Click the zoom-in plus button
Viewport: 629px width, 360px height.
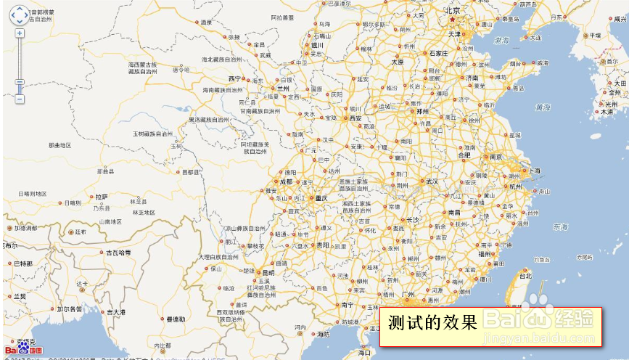[x=20, y=33]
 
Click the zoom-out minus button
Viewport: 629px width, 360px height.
[x=20, y=99]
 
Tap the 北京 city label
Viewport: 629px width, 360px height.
[x=453, y=10]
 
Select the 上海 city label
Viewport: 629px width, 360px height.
[x=534, y=171]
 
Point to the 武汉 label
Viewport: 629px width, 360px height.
[x=432, y=181]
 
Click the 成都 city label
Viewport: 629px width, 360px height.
[x=287, y=181]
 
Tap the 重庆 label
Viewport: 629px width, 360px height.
[x=320, y=198]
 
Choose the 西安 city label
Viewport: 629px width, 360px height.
[x=355, y=118]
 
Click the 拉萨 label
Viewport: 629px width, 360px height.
[x=101, y=197]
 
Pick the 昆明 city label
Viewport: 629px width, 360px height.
[x=270, y=263]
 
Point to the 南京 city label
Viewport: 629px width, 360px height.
[x=496, y=157]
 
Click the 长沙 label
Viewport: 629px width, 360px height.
[x=412, y=219]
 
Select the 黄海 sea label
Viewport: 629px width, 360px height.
[x=543, y=107]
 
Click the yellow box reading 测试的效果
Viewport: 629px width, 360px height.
[x=490, y=327]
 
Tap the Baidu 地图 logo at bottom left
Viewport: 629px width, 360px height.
[x=23, y=350]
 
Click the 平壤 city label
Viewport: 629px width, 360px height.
[x=595, y=35]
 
